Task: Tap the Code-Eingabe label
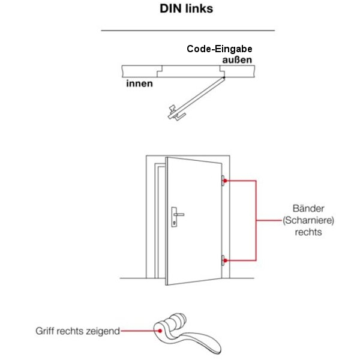(x=219, y=50)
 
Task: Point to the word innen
(x=139, y=83)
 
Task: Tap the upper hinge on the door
(x=223, y=179)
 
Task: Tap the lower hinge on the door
(x=223, y=260)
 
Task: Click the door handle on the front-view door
(x=178, y=214)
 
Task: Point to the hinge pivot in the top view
(x=223, y=76)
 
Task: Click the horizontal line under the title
(x=187, y=30)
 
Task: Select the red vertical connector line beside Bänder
(x=257, y=220)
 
